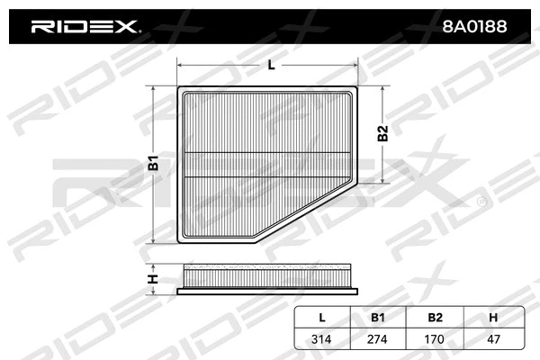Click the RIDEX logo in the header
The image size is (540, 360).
coord(85,27)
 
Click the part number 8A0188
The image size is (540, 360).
coord(474,27)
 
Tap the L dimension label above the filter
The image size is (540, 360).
coord(271,65)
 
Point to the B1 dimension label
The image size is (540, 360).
coord(154,165)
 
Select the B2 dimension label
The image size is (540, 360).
coord(382,133)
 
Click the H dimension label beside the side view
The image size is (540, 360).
coord(154,278)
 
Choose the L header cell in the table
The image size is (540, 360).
coord(322,318)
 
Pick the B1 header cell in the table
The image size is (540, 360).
coord(378,318)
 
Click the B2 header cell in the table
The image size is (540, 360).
coord(434,318)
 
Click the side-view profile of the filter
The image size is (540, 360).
coord(271,278)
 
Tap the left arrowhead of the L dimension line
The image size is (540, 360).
coord(180,65)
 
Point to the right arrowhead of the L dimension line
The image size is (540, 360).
coord(361,65)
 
